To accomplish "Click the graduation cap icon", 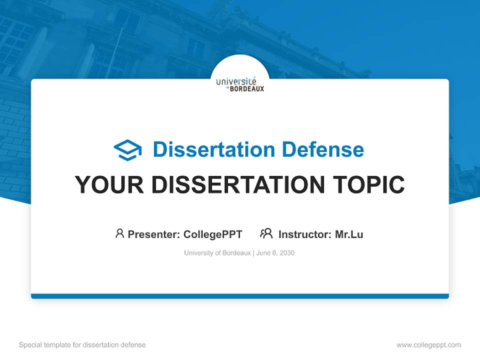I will [x=127, y=149].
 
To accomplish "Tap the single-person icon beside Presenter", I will [x=119, y=233].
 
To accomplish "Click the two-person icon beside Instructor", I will [x=266, y=233].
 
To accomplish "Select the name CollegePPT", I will [x=212, y=234].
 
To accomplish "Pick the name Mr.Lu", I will [x=349, y=234].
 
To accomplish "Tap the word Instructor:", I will [x=304, y=234].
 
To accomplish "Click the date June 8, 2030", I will [x=276, y=253].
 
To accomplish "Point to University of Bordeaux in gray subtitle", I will [x=217, y=253].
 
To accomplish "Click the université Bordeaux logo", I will [x=240, y=84].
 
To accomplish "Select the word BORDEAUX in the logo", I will [x=246, y=89].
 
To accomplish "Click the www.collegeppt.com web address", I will [x=428, y=345].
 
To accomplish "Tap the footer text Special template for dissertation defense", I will [x=82, y=345].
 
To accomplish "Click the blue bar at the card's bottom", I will [x=240, y=296].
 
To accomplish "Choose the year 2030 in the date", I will [x=287, y=253].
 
